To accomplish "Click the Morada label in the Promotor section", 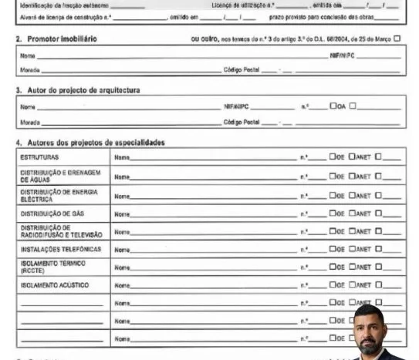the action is [29, 69].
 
